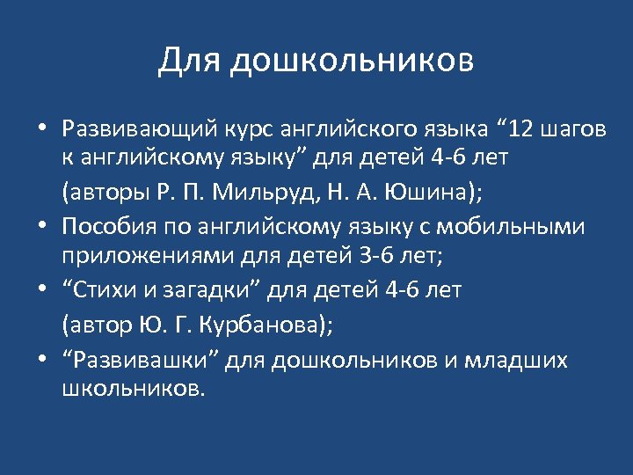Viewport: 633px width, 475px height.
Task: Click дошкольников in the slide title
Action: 353,61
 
